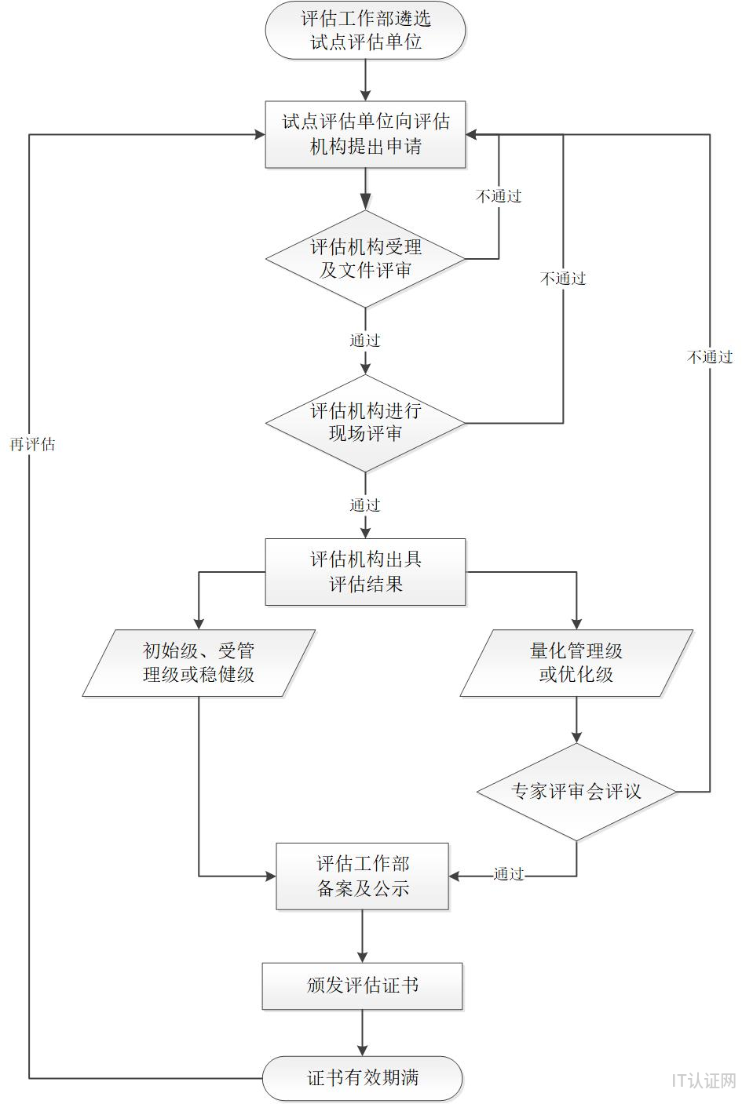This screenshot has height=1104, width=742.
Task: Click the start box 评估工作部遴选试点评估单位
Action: (365, 30)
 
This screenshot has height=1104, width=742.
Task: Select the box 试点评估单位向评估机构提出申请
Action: (365, 134)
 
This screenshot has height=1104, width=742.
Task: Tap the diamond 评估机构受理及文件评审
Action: (365, 259)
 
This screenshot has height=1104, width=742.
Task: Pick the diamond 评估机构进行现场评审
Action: (365, 423)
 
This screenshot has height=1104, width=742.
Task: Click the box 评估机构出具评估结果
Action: (365, 571)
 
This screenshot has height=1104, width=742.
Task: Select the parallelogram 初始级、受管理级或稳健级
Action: (199, 663)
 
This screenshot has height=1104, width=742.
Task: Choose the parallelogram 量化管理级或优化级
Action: (576, 663)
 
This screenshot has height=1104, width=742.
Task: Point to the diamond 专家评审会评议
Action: (576, 792)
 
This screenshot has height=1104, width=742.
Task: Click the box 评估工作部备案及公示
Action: (362, 876)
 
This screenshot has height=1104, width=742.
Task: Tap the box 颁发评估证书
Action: (362, 986)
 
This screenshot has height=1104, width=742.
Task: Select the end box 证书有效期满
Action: (362, 1078)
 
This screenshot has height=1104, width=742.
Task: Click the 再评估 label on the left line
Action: (32, 445)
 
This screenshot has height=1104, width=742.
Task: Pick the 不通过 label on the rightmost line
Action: (710, 357)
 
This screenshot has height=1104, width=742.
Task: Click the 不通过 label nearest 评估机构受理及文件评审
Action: (499, 196)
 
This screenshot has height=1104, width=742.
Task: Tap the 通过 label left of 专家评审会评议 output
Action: (509, 874)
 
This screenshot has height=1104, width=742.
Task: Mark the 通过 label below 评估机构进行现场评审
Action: (365, 505)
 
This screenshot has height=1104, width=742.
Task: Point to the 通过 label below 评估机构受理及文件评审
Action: (365, 341)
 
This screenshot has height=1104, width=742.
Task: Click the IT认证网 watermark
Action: (704, 1080)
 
